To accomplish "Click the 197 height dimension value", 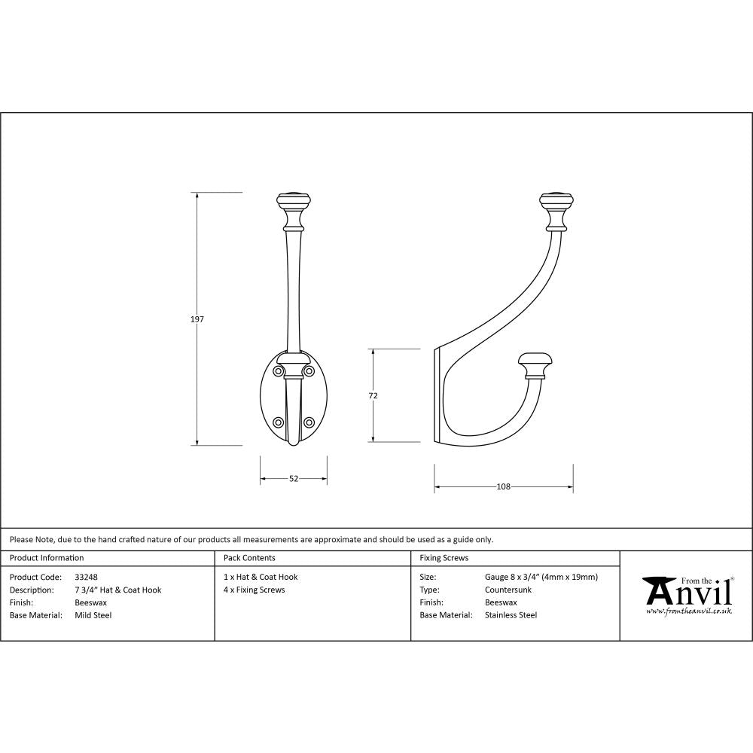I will [197, 319].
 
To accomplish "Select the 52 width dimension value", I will [294, 478].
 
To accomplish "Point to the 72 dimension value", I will [373, 395].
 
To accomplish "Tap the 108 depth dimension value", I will [503, 486].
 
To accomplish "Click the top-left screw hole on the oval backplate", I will [278, 371].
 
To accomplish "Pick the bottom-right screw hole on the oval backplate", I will [309, 422].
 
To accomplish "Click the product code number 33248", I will [87, 578].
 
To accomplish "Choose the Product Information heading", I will [47, 558].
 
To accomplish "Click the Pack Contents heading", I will [249, 558].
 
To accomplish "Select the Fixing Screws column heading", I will [444, 558].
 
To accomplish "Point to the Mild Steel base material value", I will [93, 615].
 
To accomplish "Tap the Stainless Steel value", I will [511, 615].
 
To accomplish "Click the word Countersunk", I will [508, 590].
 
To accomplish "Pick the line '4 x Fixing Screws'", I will [255, 590].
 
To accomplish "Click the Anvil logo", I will [687, 595].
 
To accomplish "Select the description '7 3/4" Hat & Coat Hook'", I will [118, 590].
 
